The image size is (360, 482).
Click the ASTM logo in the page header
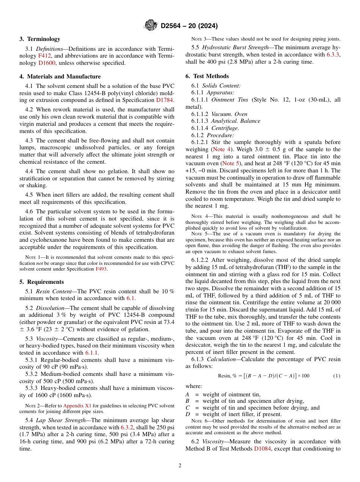151,26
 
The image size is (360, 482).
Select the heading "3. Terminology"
40,39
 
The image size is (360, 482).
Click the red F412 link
44,56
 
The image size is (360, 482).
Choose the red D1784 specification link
164,100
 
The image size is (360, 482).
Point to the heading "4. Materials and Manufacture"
60,77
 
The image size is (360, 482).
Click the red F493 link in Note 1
101,269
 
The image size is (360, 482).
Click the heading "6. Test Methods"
207,76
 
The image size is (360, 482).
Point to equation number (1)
337,376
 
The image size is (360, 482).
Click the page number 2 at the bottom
180,466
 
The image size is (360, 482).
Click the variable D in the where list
187,414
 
